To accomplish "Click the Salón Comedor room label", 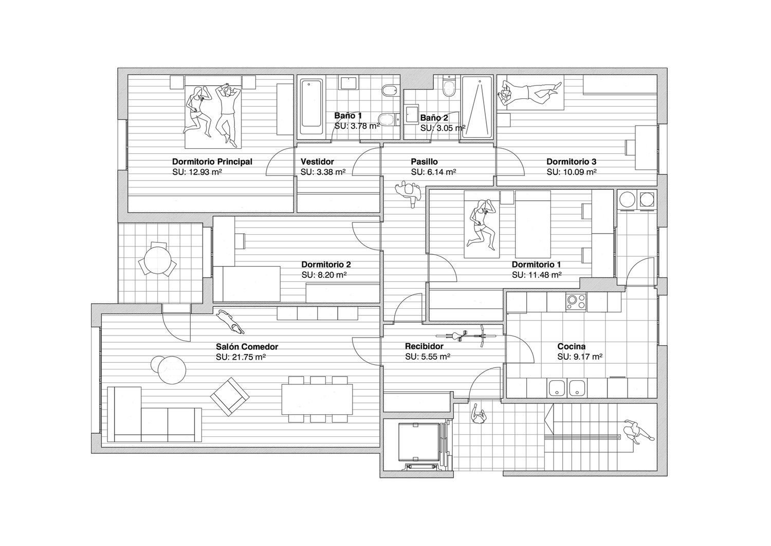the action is (x=247, y=346).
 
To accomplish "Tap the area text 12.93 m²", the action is (x=205, y=172).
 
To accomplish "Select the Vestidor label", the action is (x=317, y=161).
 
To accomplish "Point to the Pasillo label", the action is (x=424, y=161).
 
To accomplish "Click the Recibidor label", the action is (x=424, y=346).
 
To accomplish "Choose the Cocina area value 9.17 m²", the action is (x=588, y=357).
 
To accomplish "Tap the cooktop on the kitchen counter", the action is (x=576, y=302).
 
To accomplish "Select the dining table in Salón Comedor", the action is (x=317, y=399).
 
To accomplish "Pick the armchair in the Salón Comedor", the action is (x=230, y=396).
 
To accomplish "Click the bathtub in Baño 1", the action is (x=311, y=107).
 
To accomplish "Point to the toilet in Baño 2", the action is (x=450, y=86).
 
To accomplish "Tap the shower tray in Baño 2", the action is (x=476, y=107).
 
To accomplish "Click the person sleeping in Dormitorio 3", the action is (x=530, y=93).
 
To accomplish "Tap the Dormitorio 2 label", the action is (x=326, y=265).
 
